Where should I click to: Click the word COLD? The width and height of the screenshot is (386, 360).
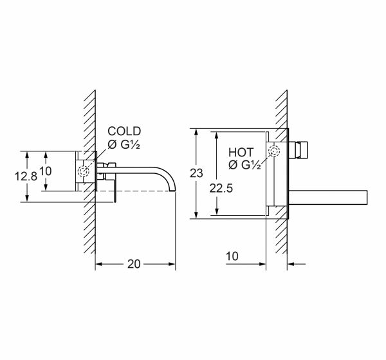click(124, 131)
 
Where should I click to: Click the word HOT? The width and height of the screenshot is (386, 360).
click(241, 152)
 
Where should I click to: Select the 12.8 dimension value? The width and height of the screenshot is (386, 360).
click(26, 176)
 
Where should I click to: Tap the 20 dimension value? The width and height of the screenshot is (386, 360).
click(134, 264)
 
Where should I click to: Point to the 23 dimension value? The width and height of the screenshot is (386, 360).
click(196, 173)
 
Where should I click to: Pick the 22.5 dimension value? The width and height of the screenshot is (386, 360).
click(221, 189)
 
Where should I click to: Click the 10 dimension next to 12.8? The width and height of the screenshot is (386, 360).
click(46, 171)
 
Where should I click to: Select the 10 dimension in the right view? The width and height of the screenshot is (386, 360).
click(232, 256)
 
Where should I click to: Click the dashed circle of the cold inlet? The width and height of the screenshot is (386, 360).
click(83, 171)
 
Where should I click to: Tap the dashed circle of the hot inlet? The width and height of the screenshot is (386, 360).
click(274, 151)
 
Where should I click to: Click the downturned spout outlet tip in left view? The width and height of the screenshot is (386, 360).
click(172, 190)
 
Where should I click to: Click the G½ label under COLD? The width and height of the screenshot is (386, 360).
click(130, 145)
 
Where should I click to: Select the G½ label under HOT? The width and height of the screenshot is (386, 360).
click(251, 165)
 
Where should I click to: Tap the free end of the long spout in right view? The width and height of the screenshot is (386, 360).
click(367, 197)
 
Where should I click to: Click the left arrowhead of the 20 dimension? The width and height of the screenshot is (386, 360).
click(98, 264)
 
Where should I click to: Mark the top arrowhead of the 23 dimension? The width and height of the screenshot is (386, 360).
click(196, 132)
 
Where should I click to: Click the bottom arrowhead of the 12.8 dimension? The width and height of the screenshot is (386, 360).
click(27, 198)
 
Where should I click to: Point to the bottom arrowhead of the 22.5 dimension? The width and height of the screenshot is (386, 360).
click(217, 212)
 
